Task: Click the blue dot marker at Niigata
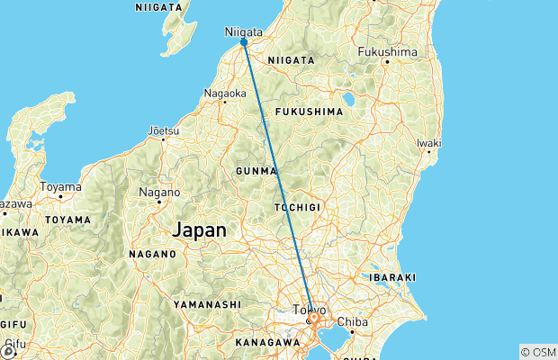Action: click(x=244, y=41)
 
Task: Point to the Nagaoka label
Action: click(x=225, y=92)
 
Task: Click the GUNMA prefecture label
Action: click(x=255, y=170)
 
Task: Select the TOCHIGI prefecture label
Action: click(x=297, y=207)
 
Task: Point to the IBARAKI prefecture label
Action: click(x=389, y=277)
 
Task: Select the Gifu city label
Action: click(x=14, y=344)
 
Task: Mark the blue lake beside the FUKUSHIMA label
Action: click(x=348, y=98)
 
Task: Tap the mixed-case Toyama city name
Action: click(x=60, y=187)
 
